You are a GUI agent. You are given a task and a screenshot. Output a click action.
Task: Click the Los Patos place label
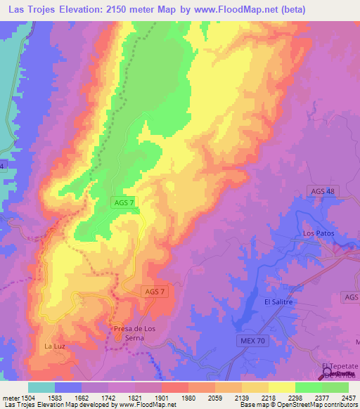[316, 233]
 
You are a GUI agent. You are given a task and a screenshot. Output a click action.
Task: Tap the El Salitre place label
[278, 301]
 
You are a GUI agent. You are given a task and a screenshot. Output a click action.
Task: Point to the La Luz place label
[55, 346]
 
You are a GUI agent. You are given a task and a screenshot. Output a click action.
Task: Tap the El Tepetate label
[340, 367]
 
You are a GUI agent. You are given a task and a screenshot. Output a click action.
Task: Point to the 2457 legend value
[347, 398]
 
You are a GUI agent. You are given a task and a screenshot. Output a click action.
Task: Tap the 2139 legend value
[240, 398]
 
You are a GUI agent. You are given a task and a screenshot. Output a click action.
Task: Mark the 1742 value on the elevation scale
[108, 398]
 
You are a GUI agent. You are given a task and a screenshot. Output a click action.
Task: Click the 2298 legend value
[294, 398]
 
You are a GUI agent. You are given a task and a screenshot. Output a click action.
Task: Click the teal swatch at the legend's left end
[41, 387]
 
